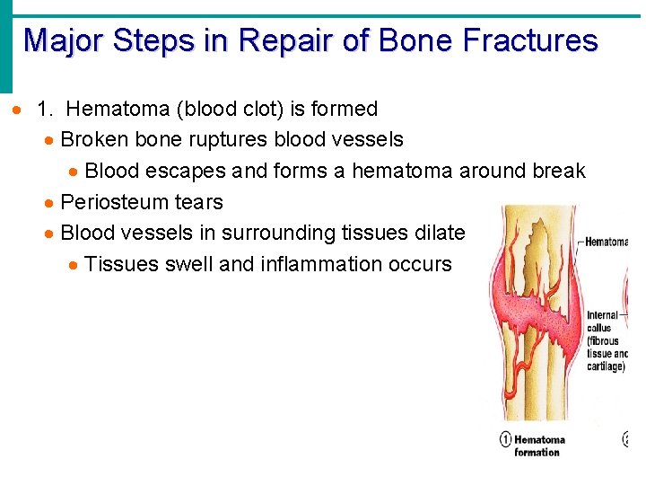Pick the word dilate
click(x=439, y=233)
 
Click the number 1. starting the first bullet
click(x=47, y=109)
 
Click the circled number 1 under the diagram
click(x=505, y=439)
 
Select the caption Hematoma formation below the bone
click(x=538, y=445)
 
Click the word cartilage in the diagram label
click(x=605, y=366)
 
